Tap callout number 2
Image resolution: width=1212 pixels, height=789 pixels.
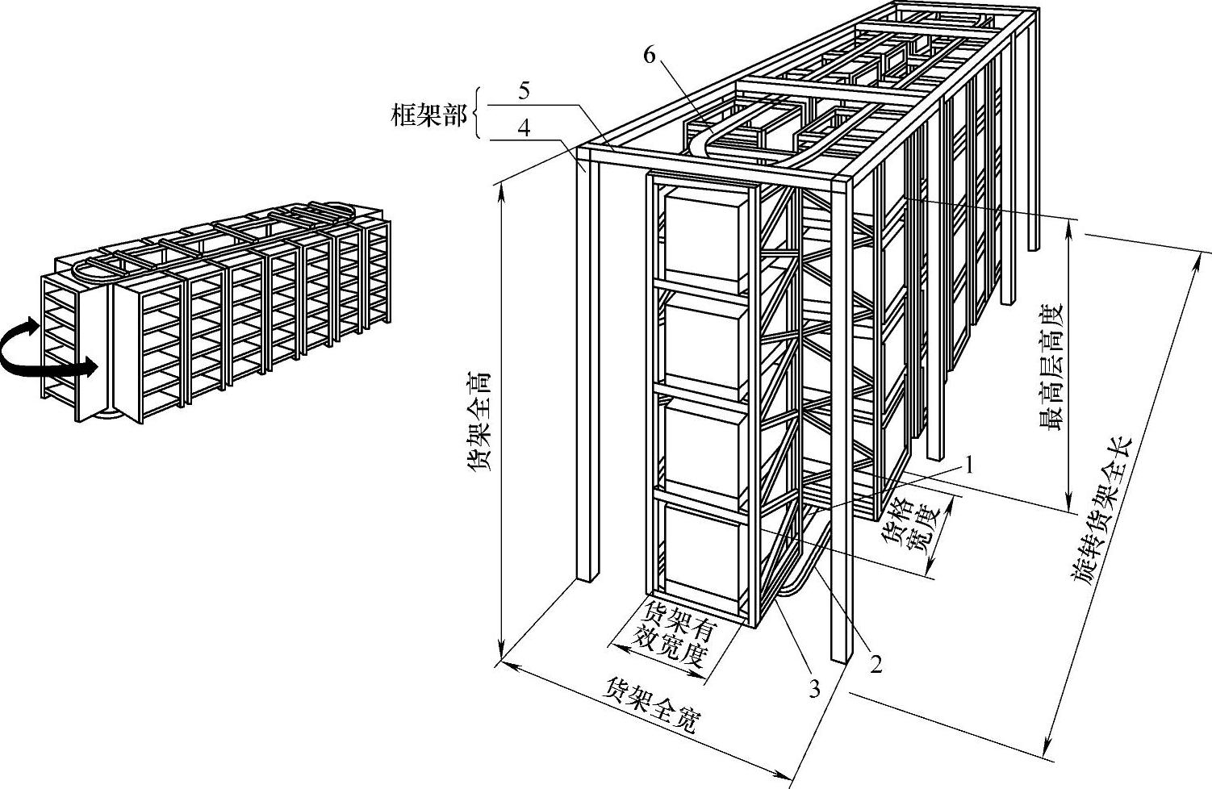pos(875,664)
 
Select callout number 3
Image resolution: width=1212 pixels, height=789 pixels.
pos(814,688)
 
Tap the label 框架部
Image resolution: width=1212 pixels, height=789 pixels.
pos(428,116)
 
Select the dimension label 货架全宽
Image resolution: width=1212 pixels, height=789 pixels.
pos(651,705)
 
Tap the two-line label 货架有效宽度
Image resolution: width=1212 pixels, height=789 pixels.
pos(674,635)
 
